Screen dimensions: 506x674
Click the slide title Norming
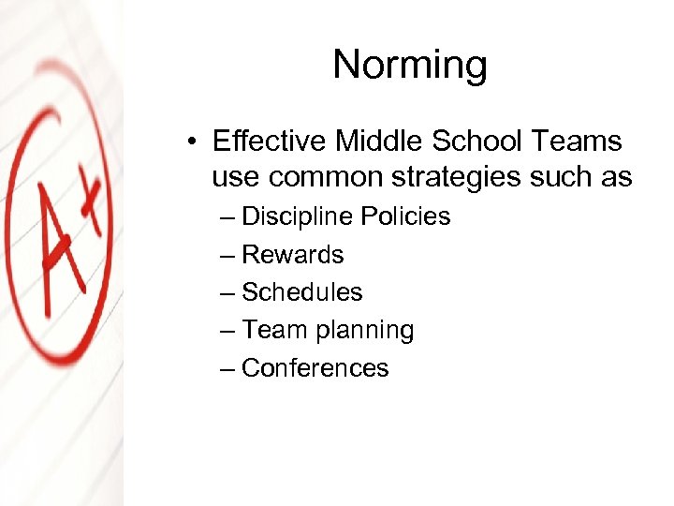(410, 65)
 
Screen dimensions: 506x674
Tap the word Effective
(270, 141)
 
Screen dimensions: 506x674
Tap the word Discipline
(297, 216)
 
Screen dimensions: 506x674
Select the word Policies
(405, 216)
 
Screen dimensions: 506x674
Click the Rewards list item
(292, 255)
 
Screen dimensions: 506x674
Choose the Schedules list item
(301, 292)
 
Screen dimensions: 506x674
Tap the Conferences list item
(315, 368)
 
